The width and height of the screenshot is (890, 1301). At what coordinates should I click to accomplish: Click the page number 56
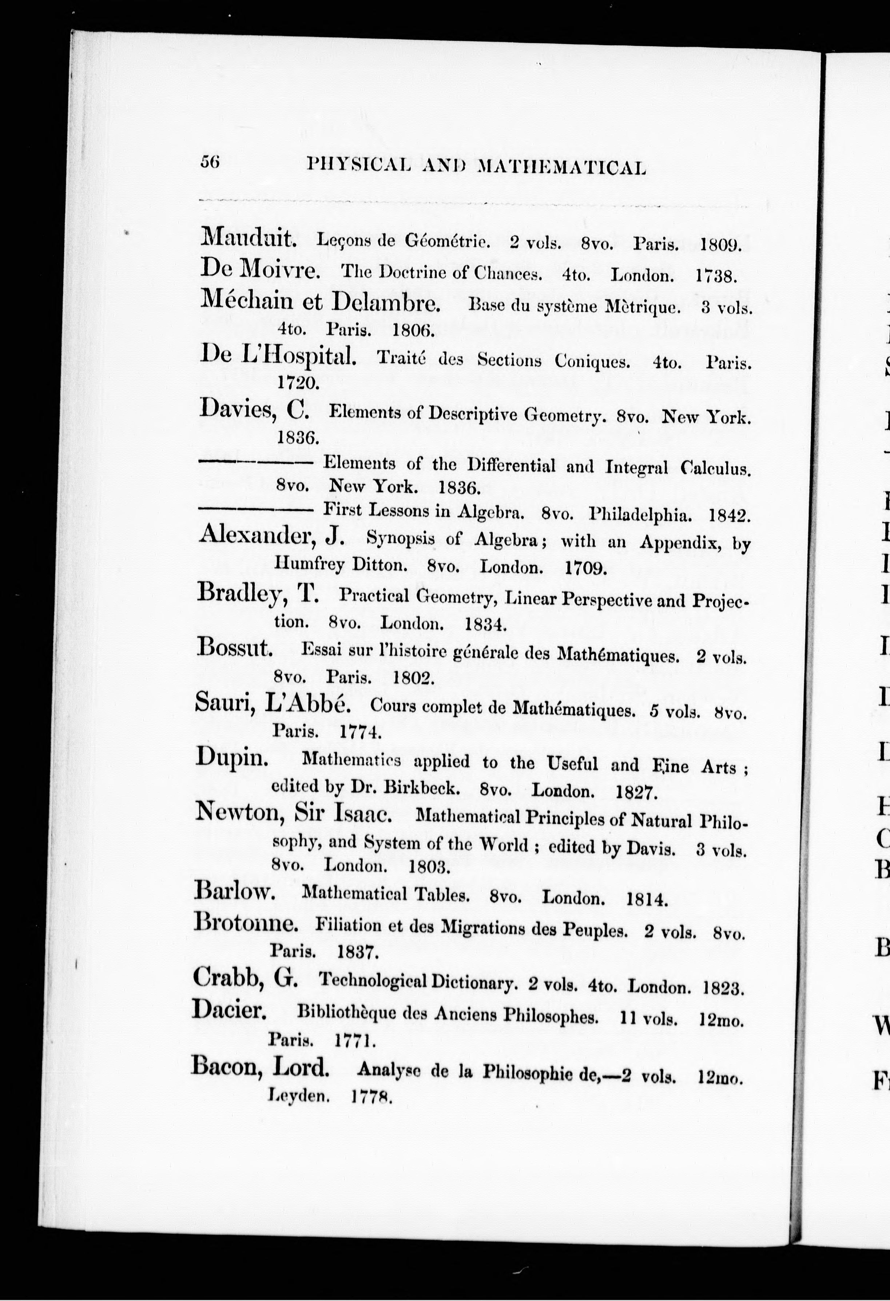(211, 162)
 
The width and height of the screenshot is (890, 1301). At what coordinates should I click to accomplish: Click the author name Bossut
(235, 649)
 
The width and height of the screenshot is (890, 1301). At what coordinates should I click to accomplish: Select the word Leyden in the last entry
(298, 1095)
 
